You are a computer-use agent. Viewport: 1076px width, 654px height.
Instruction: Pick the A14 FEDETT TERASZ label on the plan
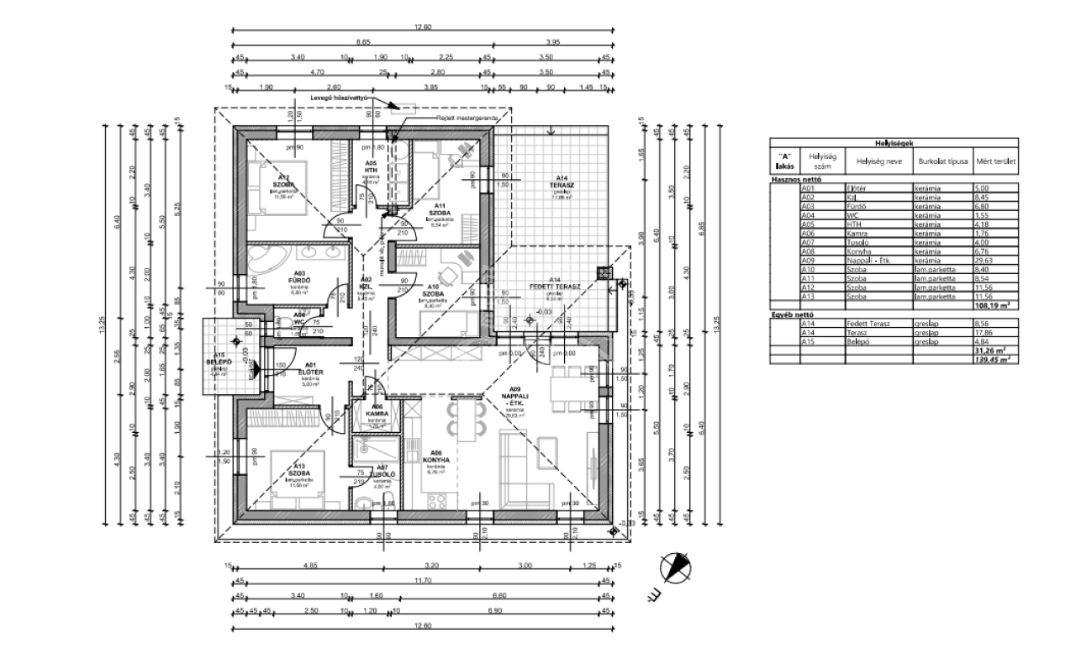point(551,286)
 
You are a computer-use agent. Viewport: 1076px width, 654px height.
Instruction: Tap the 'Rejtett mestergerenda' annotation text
point(467,119)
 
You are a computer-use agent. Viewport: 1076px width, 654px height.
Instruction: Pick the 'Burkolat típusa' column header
point(944,160)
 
